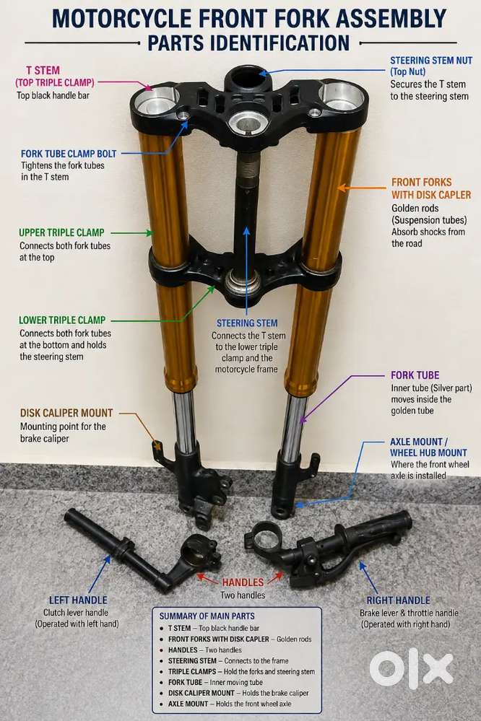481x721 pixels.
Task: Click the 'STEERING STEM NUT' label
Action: pyautogui.click(x=431, y=60)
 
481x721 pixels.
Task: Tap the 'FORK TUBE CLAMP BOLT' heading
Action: pyautogui.click(x=69, y=154)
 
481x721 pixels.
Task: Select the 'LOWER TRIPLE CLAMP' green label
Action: pyautogui.click(x=62, y=320)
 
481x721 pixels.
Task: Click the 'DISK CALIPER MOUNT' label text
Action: pyautogui.click(x=66, y=413)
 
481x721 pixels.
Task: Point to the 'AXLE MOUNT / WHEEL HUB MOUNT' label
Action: pyautogui.click(x=428, y=447)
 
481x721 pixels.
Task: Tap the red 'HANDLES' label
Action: pyautogui.click(x=243, y=582)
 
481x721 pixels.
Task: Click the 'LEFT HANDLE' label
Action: pyautogui.click(x=78, y=600)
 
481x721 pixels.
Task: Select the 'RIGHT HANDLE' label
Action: pyautogui.click(x=398, y=600)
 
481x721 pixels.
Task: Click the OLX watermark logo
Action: pyautogui.click(x=411, y=669)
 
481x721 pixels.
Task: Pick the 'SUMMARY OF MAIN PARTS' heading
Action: pyautogui.click(x=207, y=616)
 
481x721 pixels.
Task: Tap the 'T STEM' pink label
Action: pyautogui.click(x=43, y=70)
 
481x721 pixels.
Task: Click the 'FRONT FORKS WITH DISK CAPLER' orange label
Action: pyautogui.click(x=431, y=188)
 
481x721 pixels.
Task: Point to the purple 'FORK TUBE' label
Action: pyautogui.click(x=415, y=375)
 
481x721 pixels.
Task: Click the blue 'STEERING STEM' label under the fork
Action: pyautogui.click(x=247, y=323)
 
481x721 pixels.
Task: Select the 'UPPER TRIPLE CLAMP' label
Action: pyautogui.click(x=61, y=232)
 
